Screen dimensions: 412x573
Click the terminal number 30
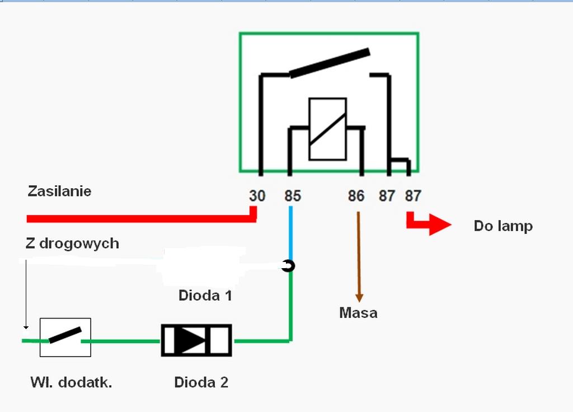(x=257, y=196)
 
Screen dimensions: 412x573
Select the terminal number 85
(x=293, y=196)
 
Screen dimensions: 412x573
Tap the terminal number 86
(x=356, y=196)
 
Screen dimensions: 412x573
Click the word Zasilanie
(x=59, y=191)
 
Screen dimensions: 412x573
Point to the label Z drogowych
(x=72, y=244)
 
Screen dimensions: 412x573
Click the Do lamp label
(x=503, y=226)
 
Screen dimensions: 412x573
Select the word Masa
(x=358, y=313)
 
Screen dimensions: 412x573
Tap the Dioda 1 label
(x=205, y=295)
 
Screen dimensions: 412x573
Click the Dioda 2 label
(x=201, y=383)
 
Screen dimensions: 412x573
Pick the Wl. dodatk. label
(x=71, y=383)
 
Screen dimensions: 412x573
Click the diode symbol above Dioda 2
(x=196, y=340)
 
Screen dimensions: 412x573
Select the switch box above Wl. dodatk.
(x=65, y=337)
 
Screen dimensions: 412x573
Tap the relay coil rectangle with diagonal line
(x=327, y=129)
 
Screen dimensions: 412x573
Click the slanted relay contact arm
(x=330, y=63)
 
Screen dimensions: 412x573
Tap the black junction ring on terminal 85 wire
(x=288, y=266)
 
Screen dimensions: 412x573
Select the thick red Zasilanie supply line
(x=140, y=217)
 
